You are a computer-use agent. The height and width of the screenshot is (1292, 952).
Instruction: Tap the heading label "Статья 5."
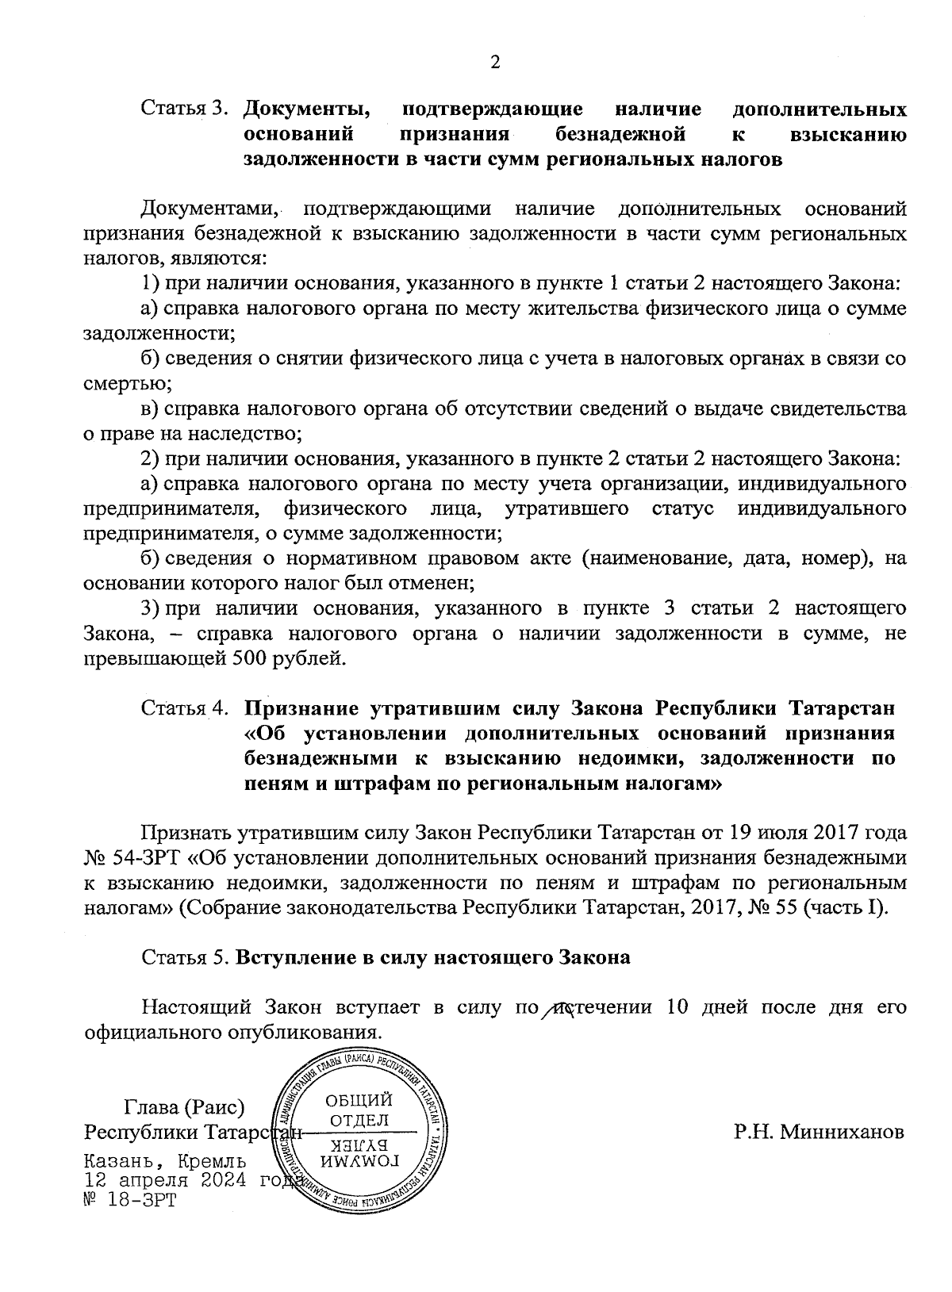(186, 957)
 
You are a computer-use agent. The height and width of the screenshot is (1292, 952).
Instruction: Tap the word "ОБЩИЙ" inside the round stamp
(359, 1101)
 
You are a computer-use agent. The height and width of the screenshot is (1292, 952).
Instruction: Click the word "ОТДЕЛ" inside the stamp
(359, 1119)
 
